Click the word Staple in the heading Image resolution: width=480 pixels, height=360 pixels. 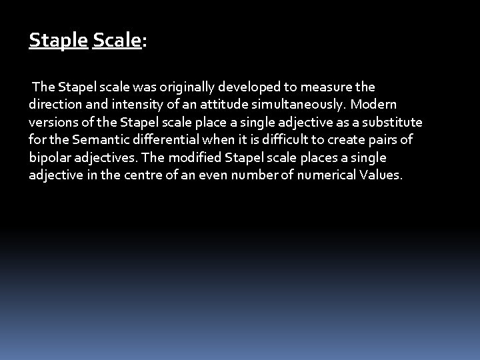pos(58,41)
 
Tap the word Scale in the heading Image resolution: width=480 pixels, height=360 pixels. pos(117,41)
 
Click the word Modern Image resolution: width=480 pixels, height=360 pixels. pos(373,105)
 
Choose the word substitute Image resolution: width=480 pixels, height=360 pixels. pos(393,123)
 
